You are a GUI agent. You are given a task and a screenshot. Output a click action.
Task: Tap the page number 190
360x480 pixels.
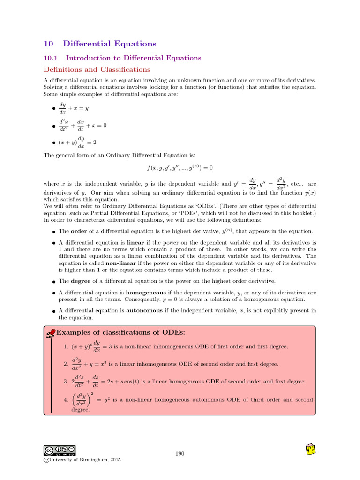tap(180, 453)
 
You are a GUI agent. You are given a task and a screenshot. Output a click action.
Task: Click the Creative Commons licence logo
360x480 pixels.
tap(60, 450)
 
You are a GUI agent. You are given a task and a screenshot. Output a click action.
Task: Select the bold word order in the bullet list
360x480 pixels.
tap(78, 231)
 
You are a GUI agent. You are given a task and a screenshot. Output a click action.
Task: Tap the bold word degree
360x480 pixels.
tap(80, 281)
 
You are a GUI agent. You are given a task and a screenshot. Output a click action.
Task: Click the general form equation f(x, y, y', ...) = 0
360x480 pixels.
tap(180, 168)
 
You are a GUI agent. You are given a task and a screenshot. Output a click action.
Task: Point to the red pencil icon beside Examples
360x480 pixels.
tap(52, 333)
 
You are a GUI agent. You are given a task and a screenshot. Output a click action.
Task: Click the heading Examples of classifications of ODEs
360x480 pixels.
tap(120, 332)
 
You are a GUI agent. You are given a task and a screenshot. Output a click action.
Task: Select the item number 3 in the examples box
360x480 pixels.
tap(66, 382)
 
